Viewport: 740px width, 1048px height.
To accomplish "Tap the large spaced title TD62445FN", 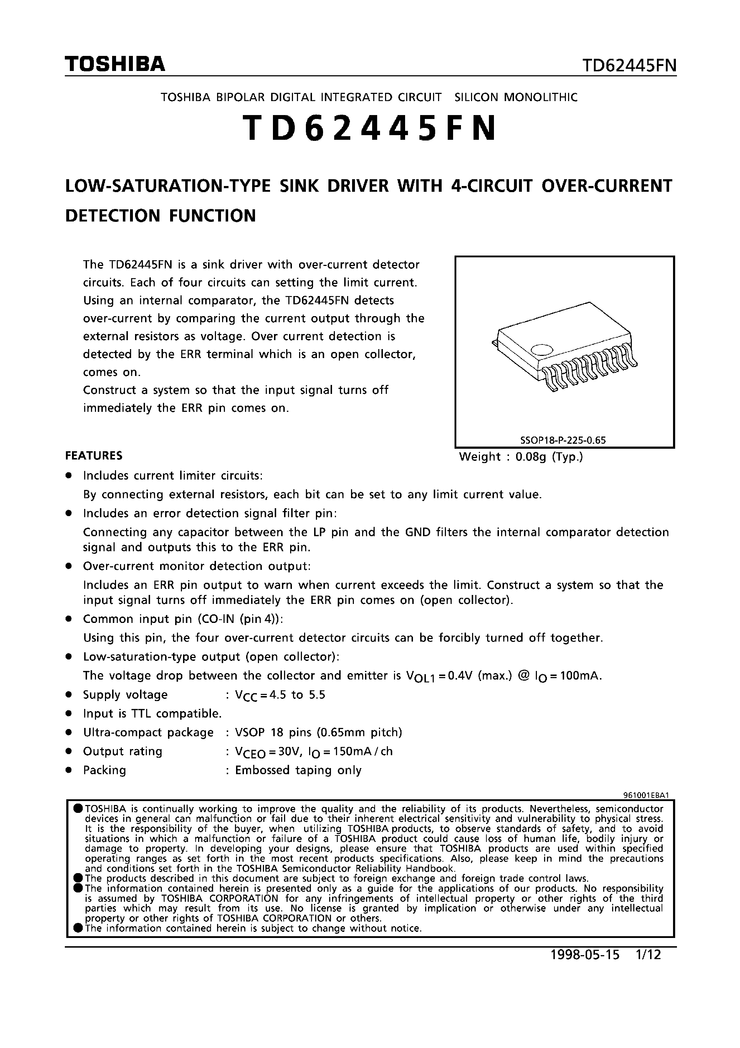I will click(370, 128).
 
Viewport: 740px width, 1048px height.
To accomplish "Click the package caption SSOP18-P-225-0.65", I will click(563, 440).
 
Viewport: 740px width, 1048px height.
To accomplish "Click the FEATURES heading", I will click(94, 456).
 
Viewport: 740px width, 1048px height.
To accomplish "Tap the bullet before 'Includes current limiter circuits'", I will click(69, 476).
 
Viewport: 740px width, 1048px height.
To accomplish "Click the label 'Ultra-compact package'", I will click(148, 733).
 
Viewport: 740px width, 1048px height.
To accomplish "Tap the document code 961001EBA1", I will click(646, 795).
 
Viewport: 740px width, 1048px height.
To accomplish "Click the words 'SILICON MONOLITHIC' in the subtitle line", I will click(516, 97).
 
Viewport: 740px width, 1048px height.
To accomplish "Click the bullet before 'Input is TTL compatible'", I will click(69, 714).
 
